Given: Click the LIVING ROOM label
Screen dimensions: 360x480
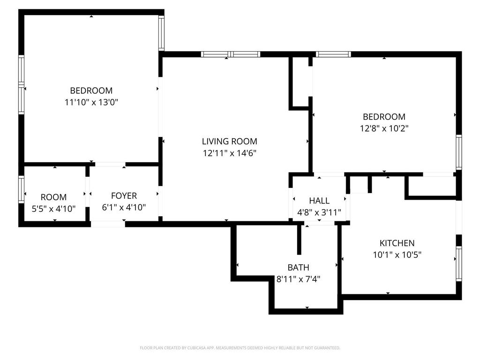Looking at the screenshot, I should (x=229, y=141).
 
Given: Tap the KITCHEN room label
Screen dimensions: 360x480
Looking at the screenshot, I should (x=397, y=243).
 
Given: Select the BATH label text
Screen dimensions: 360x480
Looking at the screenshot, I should (x=298, y=268).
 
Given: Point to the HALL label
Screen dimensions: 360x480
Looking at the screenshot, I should (x=319, y=201).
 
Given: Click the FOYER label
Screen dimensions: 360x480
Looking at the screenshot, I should (x=124, y=196).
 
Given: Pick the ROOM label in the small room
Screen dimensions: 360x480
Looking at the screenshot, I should (x=53, y=197).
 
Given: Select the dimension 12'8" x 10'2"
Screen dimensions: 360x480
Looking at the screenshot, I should (x=384, y=128).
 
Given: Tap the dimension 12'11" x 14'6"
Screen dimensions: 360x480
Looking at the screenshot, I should (x=229, y=153).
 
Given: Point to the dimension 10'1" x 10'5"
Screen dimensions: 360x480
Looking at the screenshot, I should (x=397, y=255).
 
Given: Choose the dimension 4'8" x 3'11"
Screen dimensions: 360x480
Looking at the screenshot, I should (x=322, y=213).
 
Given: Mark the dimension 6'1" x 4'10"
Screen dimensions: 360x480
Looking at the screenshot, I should (x=124, y=208).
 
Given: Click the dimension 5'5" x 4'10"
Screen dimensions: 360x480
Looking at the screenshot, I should (x=53, y=209).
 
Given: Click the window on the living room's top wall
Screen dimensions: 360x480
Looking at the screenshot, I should (x=230, y=54).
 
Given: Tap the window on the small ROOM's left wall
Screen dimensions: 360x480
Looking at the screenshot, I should (x=21, y=189).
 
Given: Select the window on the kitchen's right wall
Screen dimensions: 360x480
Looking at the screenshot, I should (x=458, y=263).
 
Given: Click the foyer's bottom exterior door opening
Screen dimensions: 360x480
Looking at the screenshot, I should (x=108, y=224).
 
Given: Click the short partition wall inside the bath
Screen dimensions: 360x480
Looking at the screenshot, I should (x=299, y=240).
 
